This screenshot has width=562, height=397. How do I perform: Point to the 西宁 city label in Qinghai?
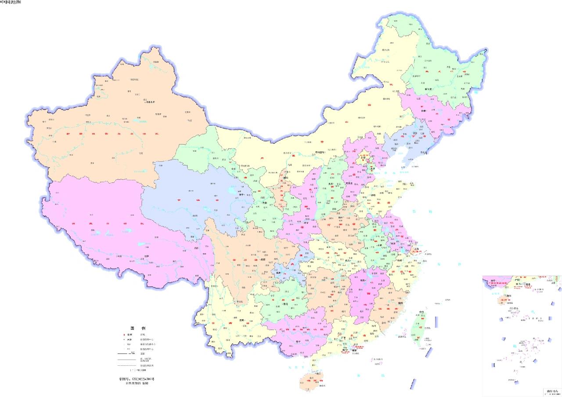point(242,194)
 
